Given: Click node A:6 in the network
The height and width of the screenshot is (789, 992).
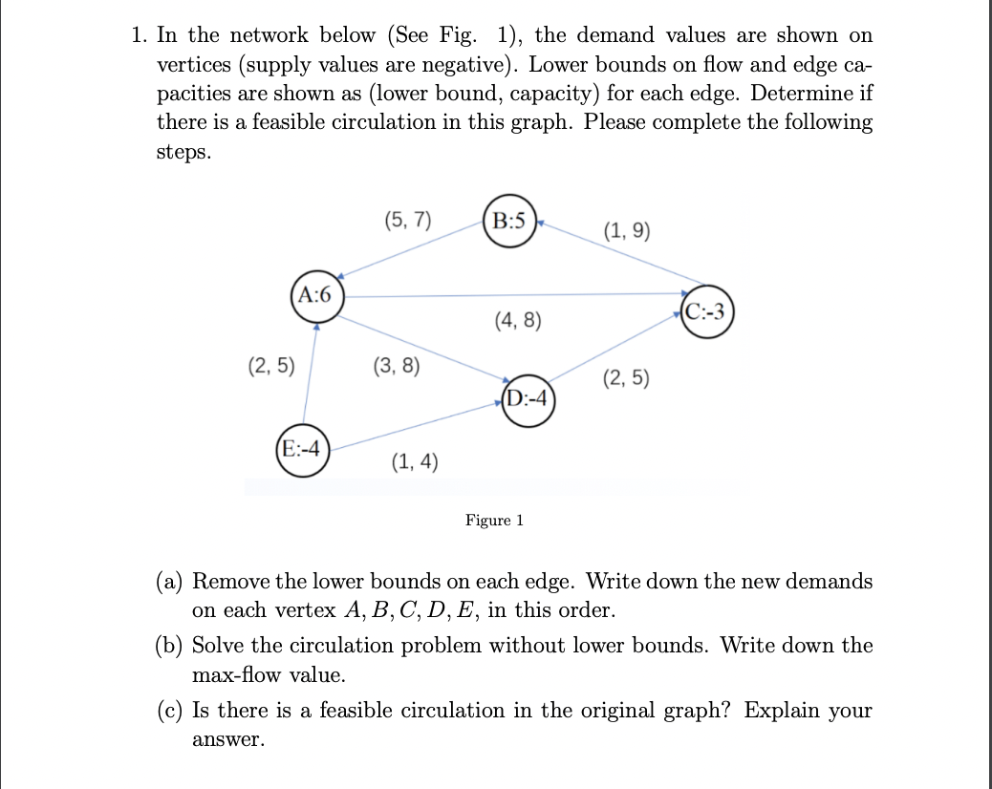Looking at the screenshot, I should (x=316, y=295).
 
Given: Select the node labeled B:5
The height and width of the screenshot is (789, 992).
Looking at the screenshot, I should (x=511, y=221).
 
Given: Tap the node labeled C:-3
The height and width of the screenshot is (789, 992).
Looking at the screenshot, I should (x=708, y=311).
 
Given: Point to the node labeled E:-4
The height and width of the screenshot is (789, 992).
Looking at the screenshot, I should (x=301, y=448).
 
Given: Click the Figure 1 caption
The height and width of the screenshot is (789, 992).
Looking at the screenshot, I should (x=494, y=521).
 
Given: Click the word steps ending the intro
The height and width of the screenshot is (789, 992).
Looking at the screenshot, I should (x=183, y=153).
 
